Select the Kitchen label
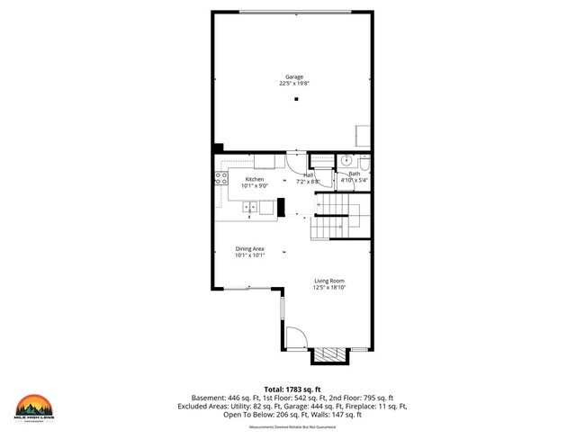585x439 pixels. (254, 179)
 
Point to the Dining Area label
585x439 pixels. (249, 248)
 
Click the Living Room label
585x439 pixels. (329, 282)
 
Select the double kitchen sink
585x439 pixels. (250, 208)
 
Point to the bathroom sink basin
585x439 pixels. (346, 161)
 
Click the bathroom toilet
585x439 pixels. (364, 162)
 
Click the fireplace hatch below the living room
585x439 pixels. (328, 356)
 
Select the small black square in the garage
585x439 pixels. (293, 100)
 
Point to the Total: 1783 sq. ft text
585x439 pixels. (292, 388)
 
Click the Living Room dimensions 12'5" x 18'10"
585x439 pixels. (329, 288)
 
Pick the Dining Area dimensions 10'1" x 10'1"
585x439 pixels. (249, 255)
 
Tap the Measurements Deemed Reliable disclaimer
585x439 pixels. (292, 426)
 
